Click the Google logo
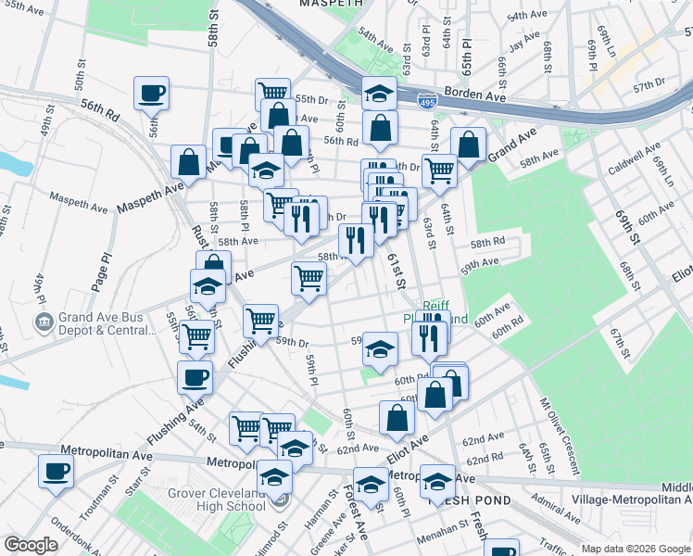[31, 545]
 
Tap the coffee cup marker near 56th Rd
[151, 93]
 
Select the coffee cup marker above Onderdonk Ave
[56, 470]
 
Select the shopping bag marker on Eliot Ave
[397, 417]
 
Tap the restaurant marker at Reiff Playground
[428, 337]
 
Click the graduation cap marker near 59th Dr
[379, 348]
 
